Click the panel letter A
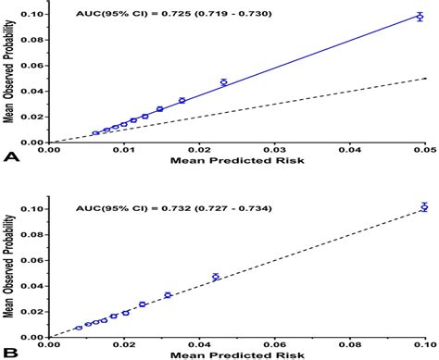pos(11,158)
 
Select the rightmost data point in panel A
pos(420,17)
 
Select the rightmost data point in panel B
pos(423,207)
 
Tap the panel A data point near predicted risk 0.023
pos(223,82)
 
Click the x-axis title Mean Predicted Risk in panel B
pos(237,355)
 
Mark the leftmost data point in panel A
pos(95,133)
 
